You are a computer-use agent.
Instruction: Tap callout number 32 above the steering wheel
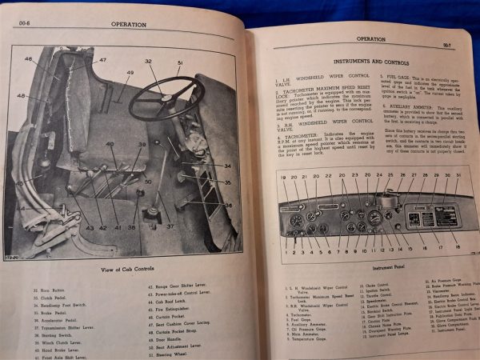click(149, 62)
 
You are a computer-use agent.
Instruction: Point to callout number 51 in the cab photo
click(179, 63)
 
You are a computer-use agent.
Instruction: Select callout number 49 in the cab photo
click(130, 73)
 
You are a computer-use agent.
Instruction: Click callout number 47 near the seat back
click(102, 61)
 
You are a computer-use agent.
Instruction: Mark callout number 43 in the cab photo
click(90, 228)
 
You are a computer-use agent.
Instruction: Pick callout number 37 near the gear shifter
click(170, 226)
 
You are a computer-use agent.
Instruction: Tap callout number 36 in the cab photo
click(227, 205)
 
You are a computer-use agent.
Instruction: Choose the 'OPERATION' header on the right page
click(370, 38)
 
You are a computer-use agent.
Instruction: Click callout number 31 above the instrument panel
click(458, 175)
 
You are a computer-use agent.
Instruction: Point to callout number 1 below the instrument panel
click(284, 251)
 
